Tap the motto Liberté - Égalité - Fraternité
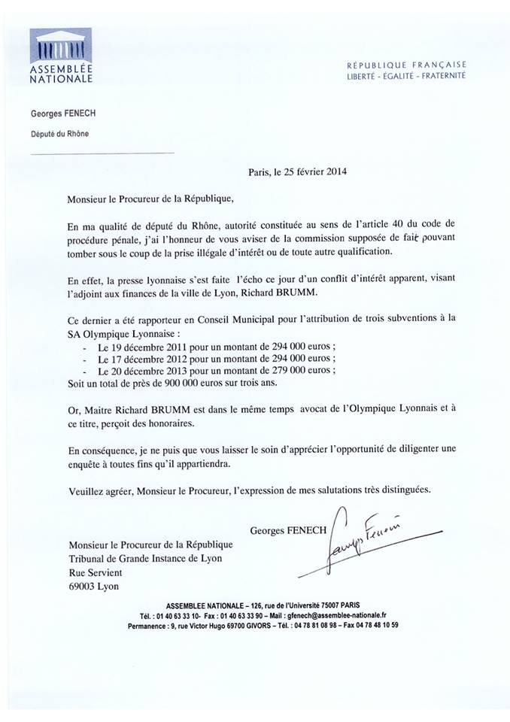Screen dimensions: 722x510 [x=406, y=76]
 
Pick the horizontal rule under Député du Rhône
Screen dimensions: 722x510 [x=102, y=153]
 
